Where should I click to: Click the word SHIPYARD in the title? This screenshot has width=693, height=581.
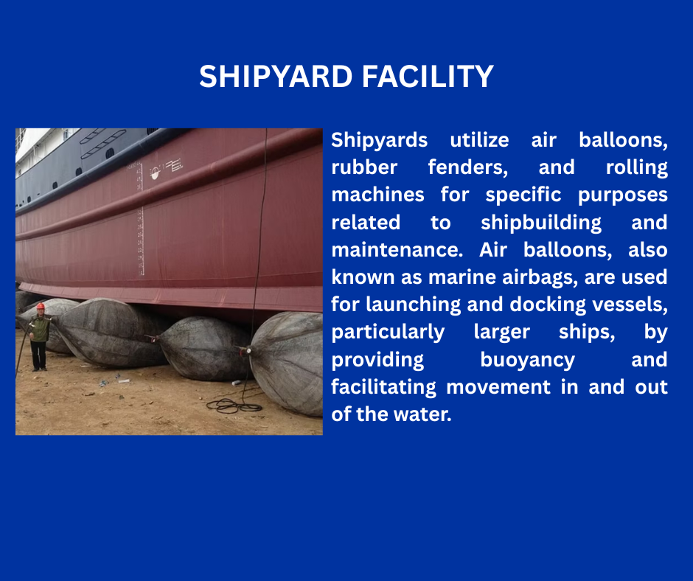275,77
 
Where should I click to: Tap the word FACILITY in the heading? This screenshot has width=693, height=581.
428,77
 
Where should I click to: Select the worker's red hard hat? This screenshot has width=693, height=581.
41,306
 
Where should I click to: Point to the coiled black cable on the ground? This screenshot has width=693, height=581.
234,405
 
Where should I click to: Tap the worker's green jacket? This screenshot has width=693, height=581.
41,327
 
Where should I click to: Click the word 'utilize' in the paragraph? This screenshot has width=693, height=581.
479,140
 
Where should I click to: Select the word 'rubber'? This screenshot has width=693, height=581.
364,167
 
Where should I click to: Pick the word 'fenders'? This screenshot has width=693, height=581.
468,168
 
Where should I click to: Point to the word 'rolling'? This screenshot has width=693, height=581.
636,168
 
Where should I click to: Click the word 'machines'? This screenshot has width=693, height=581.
378,195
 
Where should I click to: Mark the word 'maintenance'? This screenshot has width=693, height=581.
397,250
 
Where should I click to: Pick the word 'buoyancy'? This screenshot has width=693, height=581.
528,361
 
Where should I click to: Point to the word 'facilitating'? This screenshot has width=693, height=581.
383,388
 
